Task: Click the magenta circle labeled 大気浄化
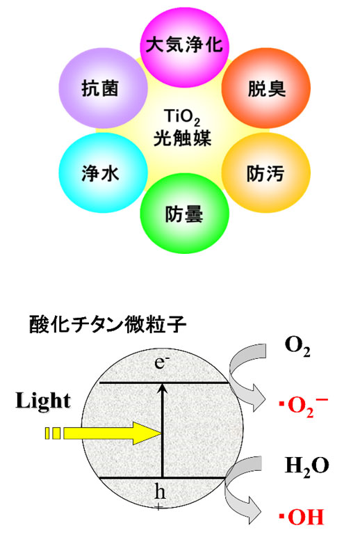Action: point(184,45)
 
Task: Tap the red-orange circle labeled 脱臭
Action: point(266,88)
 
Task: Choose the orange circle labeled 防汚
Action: point(266,173)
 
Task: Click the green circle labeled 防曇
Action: point(184,214)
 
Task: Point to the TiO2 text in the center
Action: point(181,118)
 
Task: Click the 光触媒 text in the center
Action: point(182,138)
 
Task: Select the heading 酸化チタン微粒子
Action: point(108,324)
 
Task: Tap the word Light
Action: point(43,400)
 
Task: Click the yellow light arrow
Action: point(104,433)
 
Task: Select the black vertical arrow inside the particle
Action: point(163,431)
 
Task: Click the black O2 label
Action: point(297,347)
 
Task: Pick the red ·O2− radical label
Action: point(304,406)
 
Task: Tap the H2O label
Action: point(307,467)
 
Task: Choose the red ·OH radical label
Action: point(302,517)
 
